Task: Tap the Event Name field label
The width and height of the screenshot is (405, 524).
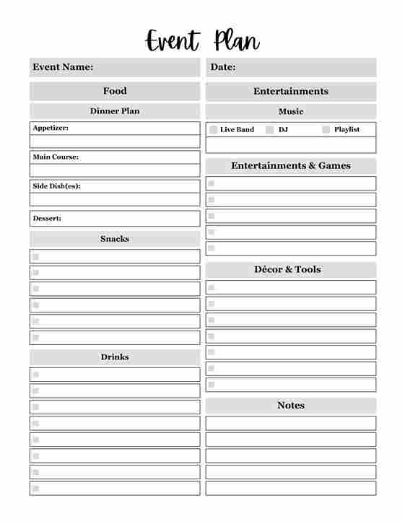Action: [x=63, y=67]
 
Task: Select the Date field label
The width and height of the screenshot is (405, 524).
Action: [x=223, y=67]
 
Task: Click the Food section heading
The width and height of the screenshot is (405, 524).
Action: [x=115, y=91]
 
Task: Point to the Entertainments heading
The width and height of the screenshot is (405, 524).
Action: [x=291, y=91]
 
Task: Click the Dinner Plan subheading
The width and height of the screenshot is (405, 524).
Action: [x=115, y=111]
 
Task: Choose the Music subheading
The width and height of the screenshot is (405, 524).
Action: [x=291, y=111]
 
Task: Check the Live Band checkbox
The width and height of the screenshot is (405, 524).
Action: [x=214, y=130]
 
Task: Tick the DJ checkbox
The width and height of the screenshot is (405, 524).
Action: [x=270, y=130]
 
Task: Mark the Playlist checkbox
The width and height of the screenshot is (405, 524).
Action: [x=326, y=130]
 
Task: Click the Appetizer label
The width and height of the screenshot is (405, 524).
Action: [x=51, y=128]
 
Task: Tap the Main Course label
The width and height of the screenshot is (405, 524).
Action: [x=56, y=157]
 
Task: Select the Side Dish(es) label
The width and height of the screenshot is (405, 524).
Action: [x=56, y=185]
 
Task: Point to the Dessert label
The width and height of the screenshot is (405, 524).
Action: [x=47, y=218]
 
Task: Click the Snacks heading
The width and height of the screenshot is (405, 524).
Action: [x=115, y=239]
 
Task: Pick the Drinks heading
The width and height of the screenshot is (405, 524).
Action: [x=115, y=357]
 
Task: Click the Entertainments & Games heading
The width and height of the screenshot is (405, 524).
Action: [x=291, y=166]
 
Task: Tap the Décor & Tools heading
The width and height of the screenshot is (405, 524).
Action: [x=287, y=269]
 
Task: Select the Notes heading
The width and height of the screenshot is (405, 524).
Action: [x=291, y=406]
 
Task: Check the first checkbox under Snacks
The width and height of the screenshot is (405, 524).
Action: [x=35, y=256]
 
